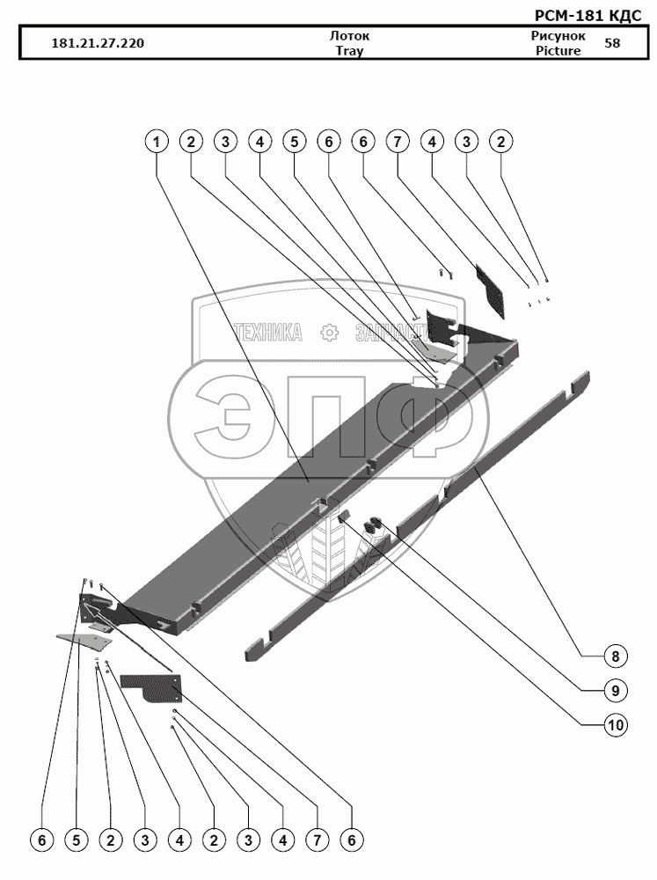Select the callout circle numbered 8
pyautogui.click(x=616, y=656)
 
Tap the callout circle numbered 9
pyautogui.click(x=616, y=691)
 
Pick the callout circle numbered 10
pyautogui.click(x=616, y=726)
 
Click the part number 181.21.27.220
pyautogui.click(x=99, y=43)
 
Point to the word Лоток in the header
pyautogui.click(x=349, y=36)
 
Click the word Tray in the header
pyautogui.click(x=349, y=51)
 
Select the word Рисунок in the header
pyautogui.click(x=558, y=36)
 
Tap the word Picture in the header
pyautogui.click(x=558, y=51)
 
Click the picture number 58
pyautogui.click(x=611, y=43)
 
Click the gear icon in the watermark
pyautogui.click(x=330, y=332)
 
